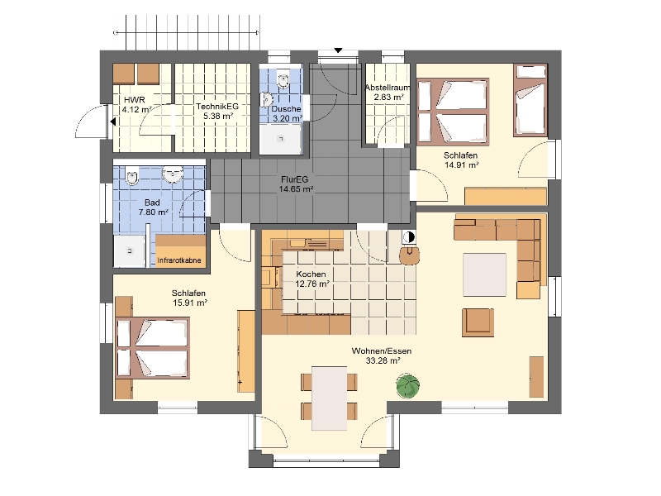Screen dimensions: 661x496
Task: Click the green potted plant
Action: point(407,386)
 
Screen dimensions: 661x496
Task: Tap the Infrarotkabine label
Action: point(179,260)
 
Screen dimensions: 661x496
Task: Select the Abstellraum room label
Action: point(388,88)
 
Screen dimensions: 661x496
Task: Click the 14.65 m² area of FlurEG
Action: point(296,189)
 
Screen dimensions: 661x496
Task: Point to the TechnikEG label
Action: point(217,107)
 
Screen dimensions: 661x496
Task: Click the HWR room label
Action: point(135,100)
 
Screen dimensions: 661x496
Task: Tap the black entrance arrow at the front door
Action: point(338,50)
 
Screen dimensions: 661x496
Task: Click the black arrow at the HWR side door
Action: point(113,122)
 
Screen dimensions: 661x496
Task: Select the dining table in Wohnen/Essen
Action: point(330,398)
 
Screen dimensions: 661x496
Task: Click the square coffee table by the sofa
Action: point(485,275)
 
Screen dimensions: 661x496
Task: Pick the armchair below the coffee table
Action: point(478,322)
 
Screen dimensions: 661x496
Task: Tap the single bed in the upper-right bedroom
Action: point(530,100)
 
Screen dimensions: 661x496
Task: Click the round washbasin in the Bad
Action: point(174,174)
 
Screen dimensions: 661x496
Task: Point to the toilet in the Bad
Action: point(132,176)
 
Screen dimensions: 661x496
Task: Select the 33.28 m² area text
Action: point(383,360)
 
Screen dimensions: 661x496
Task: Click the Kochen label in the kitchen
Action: point(311,274)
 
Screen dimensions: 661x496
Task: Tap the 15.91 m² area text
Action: point(190,303)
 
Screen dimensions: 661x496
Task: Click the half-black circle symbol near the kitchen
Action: point(408,237)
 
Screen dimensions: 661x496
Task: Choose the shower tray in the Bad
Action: point(130,251)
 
